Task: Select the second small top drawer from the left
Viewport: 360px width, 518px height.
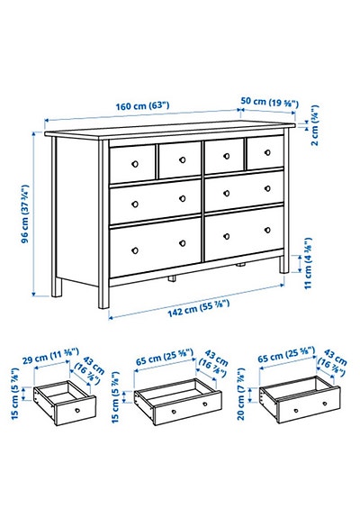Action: pyautogui.click(x=178, y=160)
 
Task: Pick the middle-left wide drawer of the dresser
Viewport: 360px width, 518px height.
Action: pyautogui.click(x=155, y=196)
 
